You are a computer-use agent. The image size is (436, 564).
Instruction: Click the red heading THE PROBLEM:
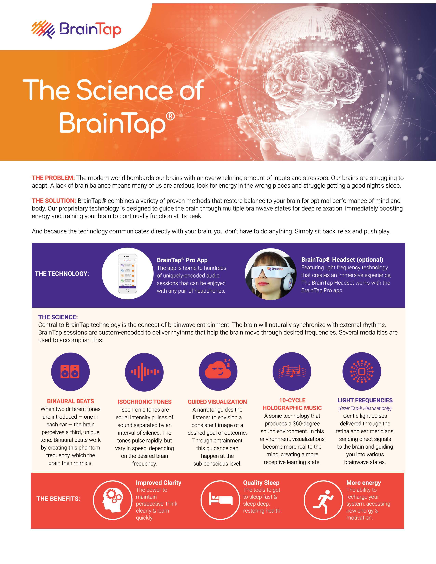(53, 178)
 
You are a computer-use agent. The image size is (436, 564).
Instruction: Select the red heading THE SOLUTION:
(54, 201)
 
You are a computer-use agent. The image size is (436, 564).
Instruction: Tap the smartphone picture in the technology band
(127, 273)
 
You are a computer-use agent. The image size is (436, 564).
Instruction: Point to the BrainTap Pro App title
(182, 260)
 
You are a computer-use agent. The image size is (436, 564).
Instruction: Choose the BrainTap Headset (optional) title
(342, 260)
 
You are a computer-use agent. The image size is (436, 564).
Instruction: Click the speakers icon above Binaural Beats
(70, 372)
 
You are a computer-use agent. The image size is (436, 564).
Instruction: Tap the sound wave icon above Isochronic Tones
(144, 372)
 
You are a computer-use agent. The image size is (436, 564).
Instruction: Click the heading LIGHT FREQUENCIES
(365, 400)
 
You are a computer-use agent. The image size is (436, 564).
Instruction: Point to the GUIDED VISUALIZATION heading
(217, 402)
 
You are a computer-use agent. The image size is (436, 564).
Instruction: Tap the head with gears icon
(112, 500)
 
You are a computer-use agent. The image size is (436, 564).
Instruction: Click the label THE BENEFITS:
(58, 499)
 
